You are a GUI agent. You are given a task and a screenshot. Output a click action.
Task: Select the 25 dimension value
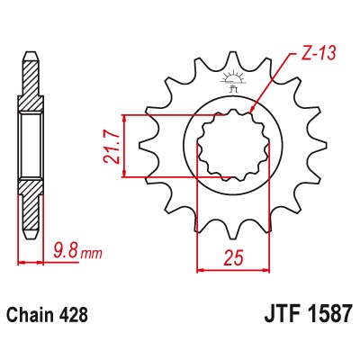point(233,257)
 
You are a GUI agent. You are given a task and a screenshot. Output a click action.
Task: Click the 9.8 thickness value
point(66,251)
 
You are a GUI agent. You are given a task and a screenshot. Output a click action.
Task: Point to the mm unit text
point(92,254)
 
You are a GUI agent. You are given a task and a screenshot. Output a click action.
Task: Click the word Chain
point(29,315)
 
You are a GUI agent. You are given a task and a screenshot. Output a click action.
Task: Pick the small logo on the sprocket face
point(233,80)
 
